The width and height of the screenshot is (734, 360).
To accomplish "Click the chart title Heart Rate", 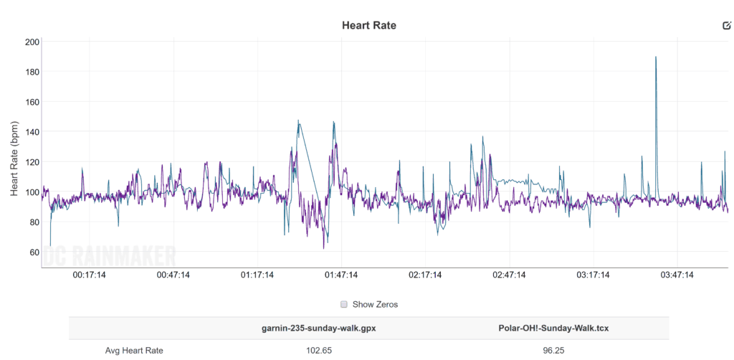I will [x=368, y=25].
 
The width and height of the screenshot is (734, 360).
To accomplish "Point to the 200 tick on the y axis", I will [x=31, y=42].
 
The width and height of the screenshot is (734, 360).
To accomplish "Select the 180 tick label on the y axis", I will [x=31, y=72].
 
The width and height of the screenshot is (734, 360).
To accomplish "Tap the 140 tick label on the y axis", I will [x=31, y=132].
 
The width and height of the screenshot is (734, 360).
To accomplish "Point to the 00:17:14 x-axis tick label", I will [x=88, y=275].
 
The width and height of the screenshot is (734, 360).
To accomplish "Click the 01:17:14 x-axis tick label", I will [x=257, y=275].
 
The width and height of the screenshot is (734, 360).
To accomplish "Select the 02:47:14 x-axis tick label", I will [x=509, y=275].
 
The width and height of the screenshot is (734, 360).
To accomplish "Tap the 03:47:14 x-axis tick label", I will [x=677, y=275].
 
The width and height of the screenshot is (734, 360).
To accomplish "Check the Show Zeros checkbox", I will [x=344, y=304].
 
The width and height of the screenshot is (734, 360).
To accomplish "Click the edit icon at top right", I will [x=727, y=26].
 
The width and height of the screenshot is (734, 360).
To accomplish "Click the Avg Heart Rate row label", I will [x=133, y=350].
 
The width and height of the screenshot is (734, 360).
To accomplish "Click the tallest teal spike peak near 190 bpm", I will [x=655, y=57].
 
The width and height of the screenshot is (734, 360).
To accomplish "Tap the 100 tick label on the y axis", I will [x=31, y=192].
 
